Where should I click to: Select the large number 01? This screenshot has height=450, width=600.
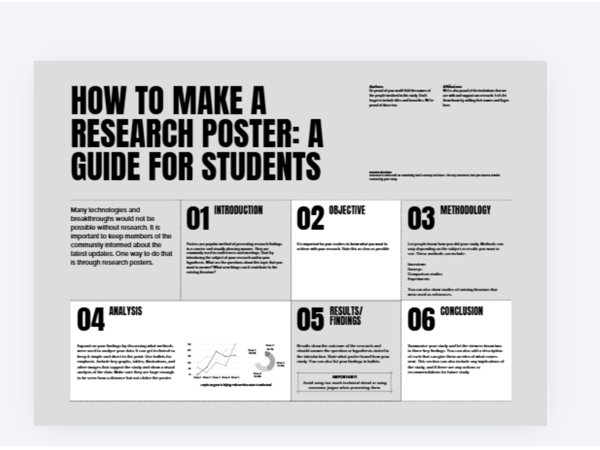(x=198, y=219)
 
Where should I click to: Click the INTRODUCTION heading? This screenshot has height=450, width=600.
(x=238, y=210)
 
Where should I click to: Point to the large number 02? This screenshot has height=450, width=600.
(x=310, y=219)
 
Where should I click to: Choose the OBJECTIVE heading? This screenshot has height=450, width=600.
(x=347, y=210)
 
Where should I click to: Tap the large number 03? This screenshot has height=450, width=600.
(x=421, y=219)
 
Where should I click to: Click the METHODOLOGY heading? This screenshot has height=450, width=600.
(x=465, y=210)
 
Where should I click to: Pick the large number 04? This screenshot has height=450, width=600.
(x=91, y=320)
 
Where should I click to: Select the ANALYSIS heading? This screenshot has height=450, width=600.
(x=125, y=311)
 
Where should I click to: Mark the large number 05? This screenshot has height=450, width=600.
(x=310, y=320)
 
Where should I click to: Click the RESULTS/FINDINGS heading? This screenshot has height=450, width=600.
(x=345, y=315)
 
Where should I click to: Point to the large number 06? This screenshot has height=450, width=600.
(x=421, y=320)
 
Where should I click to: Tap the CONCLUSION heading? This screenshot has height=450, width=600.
(x=462, y=311)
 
